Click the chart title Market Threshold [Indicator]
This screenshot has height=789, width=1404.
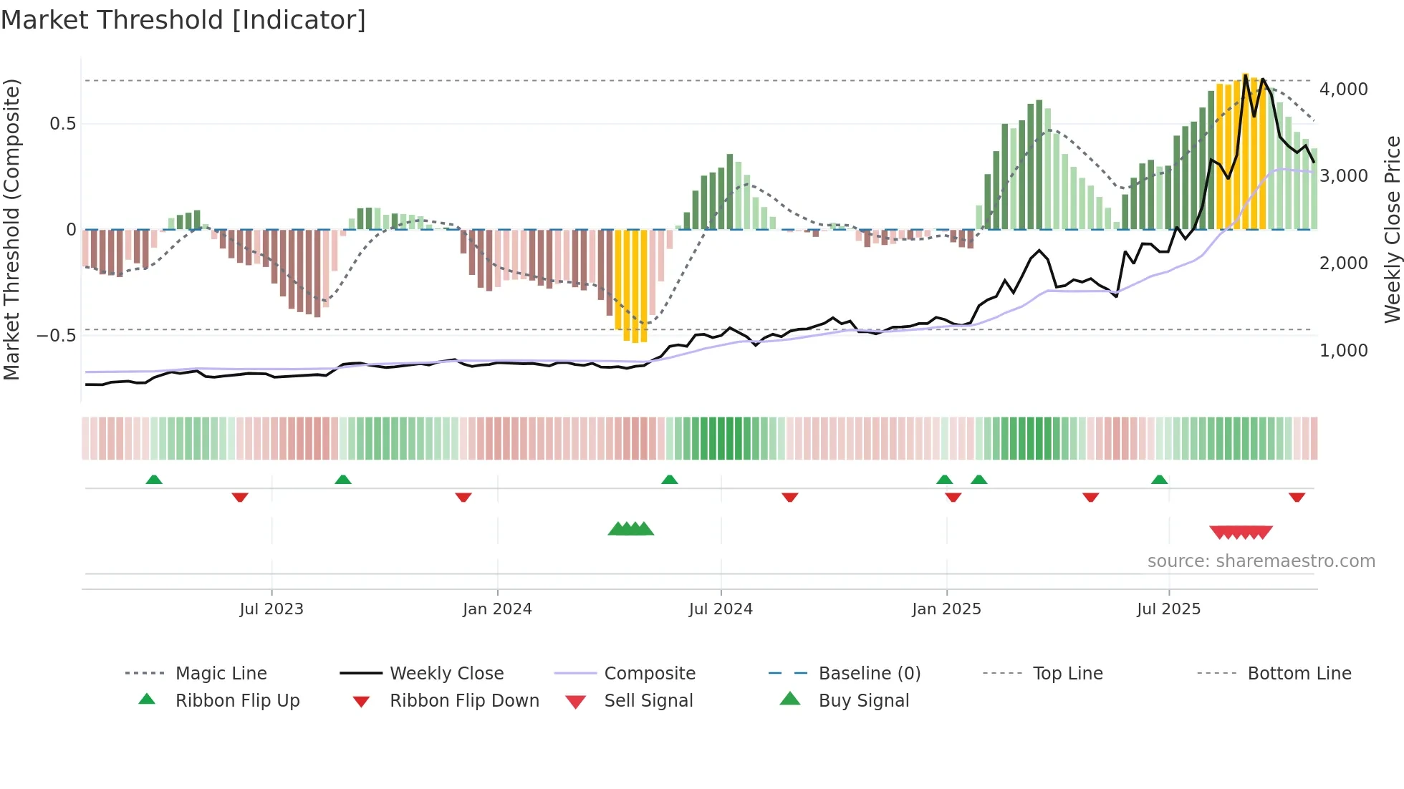coord(183,20)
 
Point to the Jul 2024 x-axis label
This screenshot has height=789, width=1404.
coord(721,609)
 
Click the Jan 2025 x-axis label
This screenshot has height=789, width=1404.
coord(946,609)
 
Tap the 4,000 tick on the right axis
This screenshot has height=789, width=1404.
coord(1343,89)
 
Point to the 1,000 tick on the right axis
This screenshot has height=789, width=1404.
coord(1343,350)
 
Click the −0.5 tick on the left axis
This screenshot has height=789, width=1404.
coord(56,335)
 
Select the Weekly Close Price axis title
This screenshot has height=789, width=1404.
coord(1392,229)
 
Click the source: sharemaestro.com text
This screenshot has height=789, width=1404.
coord(1261,561)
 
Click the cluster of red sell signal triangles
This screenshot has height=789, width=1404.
coord(1241,532)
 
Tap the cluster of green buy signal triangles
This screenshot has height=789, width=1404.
coord(631,529)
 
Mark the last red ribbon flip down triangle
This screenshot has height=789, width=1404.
coord(1297,497)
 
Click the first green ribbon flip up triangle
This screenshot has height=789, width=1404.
coord(154,480)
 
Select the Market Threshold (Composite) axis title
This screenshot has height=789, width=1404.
coord(11,229)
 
